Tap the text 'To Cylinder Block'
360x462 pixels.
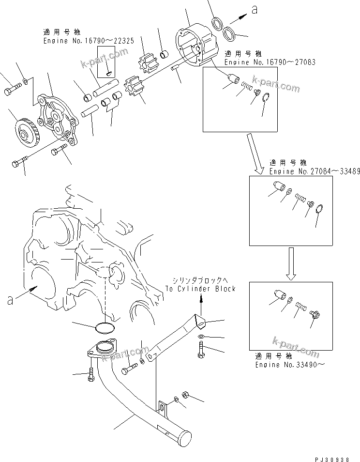pos(200,289)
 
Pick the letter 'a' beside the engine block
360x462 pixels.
pos(10,300)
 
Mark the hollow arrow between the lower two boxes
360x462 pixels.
pos(290,264)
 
